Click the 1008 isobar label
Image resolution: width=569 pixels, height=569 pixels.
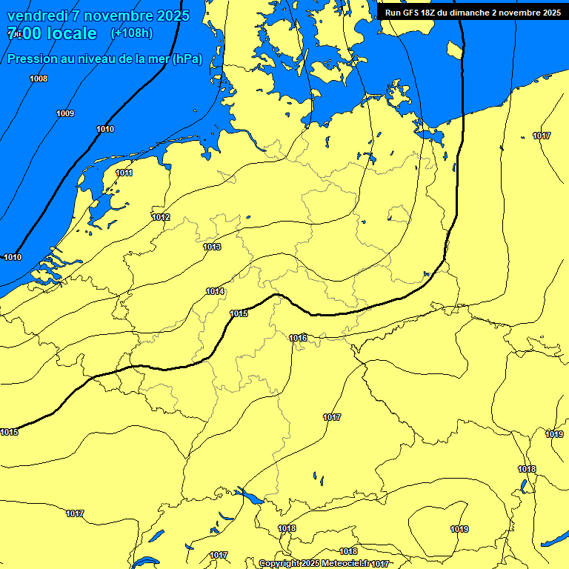pyautogui.click(x=39, y=79)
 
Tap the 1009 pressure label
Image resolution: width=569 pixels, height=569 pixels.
pyautogui.click(x=65, y=113)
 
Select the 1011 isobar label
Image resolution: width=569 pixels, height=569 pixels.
pyautogui.click(x=124, y=173)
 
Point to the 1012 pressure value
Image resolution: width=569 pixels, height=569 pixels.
pyautogui.click(x=161, y=217)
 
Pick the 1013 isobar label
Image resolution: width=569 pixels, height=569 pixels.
pyautogui.click(x=212, y=247)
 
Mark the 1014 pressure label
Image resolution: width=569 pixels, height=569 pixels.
pyautogui.click(x=215, y=291)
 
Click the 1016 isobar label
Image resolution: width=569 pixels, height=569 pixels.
pyautogui.click(x=298, y=338)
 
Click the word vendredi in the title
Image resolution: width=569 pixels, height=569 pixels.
pyautogui.click(x=37, y=16)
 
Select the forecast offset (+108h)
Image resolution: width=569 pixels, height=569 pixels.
pyautogui.click(x=131, y=33)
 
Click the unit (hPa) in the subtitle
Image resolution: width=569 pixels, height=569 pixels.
pyautogui.click(x=187, y=59)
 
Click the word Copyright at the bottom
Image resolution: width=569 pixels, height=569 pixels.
pyautogui.click(x=279, y=564)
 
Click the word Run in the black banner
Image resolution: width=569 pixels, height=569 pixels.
pyautogui.click(x=393, y=13)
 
